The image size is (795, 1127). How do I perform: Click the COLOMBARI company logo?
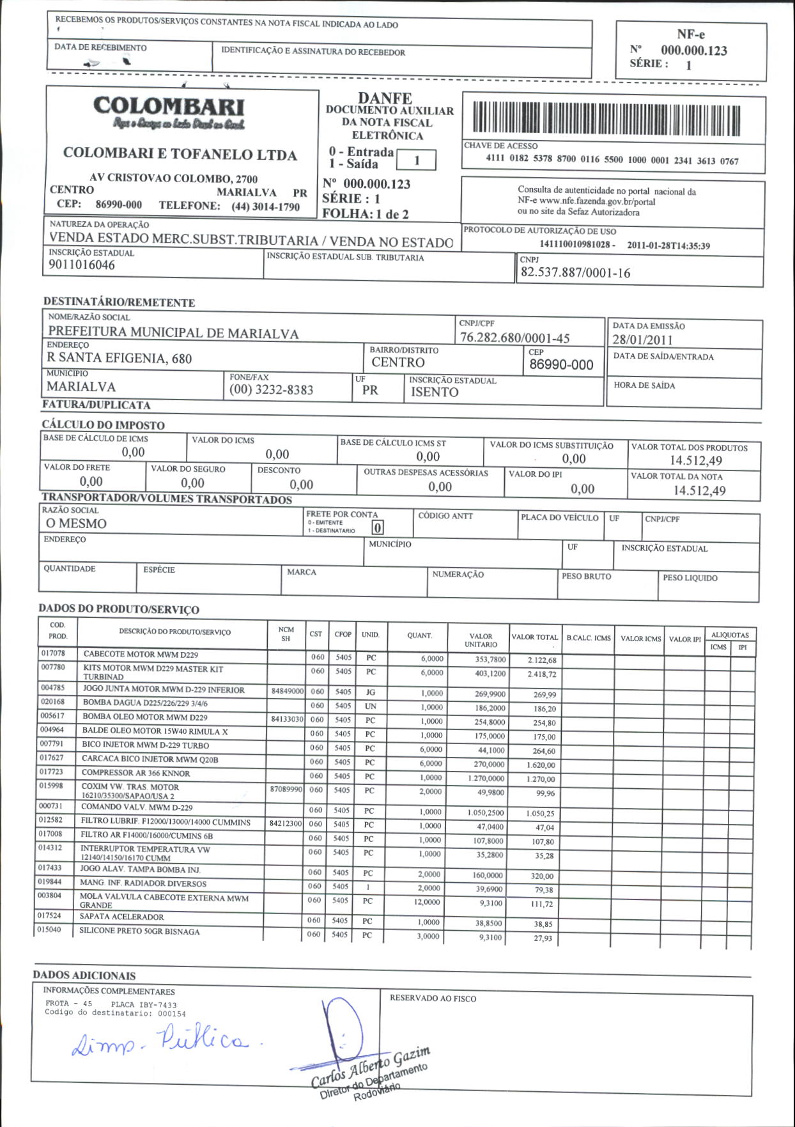169,113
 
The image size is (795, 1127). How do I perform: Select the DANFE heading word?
385,98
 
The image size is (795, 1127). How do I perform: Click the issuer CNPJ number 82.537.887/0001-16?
575,273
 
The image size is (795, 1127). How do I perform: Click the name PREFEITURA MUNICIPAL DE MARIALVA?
173,333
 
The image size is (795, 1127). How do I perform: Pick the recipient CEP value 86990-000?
561,365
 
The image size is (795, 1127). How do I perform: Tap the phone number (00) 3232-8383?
272,390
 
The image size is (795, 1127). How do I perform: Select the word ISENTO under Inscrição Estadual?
435,393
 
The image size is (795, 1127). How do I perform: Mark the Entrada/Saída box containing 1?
417,160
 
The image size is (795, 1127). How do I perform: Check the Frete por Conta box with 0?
378,528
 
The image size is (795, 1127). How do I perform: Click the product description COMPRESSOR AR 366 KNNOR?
135,773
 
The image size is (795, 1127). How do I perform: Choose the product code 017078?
53,653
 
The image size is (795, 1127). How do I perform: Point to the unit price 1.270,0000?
486,779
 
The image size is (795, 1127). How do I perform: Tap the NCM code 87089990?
286,789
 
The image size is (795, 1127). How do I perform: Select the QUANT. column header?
419,635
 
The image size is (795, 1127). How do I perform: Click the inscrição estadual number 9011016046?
82,265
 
